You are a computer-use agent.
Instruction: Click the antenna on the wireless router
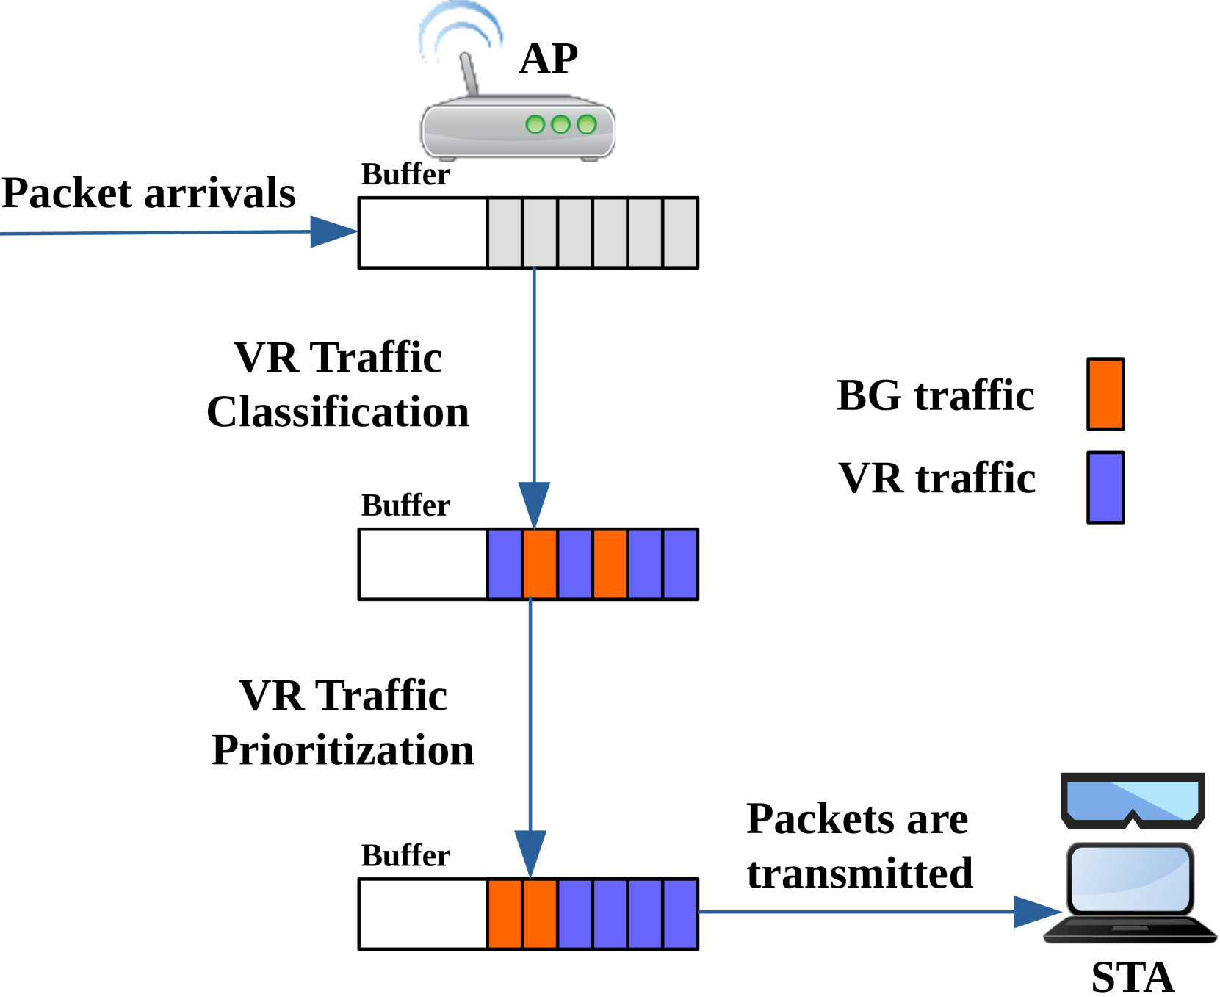pyautogui.click(x=469, y=73)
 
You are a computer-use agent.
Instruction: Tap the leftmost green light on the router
pyautogui.click(x=535, y=124)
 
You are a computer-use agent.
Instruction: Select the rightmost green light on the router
pyautogui.click(x=586, y=124)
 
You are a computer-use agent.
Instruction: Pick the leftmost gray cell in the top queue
pyautogui.click(x=505, y=232)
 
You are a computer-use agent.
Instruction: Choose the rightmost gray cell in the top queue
pyautogui.click(x=679, y=232)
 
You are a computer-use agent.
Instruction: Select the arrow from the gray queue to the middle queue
pyautogui.click(x=534, y=382)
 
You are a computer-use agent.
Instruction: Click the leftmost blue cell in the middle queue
pyautogui.click(x=505, y=564)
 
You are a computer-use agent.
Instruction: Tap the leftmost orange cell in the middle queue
pyautogui.click(x=540, y=564)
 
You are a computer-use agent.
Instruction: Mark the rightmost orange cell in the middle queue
pyautogui.click(x=610, y=564)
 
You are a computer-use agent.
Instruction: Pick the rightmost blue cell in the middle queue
pyautogui.click(x=679, y=564)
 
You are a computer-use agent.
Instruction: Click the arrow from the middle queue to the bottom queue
pyautogui.click(x=530, y=720)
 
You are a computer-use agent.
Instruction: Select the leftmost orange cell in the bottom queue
pyautogui.click(x=505, y=913)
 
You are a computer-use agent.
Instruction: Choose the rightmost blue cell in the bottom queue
pyautogui.click(x=679, y=913)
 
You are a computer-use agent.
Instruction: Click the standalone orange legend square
pyautogui.click(x=1105, y=394)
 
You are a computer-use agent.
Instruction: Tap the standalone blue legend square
pyautogui.click(x=1105, y=487)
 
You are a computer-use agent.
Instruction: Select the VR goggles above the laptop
pyautogui.click(x=1132, y=800)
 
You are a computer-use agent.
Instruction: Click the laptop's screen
pyautogui.click(x=1130, y=879)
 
